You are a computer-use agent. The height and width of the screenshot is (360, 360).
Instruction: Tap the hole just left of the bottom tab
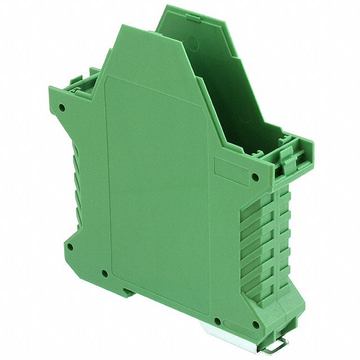tap(105, 274)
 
